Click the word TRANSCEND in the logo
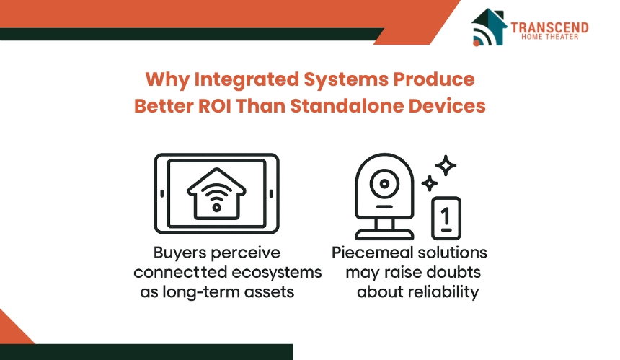549,27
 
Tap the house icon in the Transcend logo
489,27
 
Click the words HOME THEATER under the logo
549,37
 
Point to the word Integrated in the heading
247,80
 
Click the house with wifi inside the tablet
217,194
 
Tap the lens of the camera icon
384,184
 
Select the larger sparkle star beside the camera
446,165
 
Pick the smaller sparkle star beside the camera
430,183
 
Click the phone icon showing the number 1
446,218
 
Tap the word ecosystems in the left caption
276,273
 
